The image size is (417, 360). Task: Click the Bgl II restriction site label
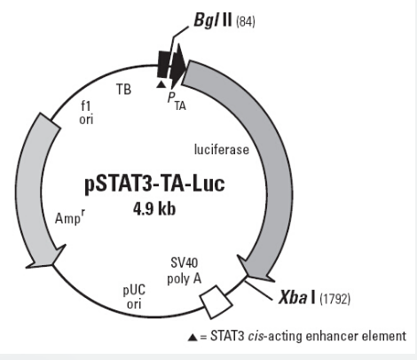coord(213,20)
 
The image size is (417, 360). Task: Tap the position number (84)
coord(246,22)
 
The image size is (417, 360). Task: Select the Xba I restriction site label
coord(297,297)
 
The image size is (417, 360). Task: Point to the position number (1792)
coord(335,299)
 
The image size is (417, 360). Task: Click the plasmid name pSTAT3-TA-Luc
coord(154,184)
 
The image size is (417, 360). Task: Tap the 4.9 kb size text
coord(154,209)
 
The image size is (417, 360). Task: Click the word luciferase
coord(222,149)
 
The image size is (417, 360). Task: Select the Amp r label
coord(70,217)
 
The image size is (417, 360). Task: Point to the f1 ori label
coord(86,113)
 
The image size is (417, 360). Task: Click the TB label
coord(123,89)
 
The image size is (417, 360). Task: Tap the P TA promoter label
coord(177,101)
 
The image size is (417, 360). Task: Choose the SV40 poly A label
coord(185,270)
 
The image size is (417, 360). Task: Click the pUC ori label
coord(134,296)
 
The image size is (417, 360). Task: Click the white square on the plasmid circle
coord(216,301)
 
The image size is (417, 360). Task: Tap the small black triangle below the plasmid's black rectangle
coord(161,84)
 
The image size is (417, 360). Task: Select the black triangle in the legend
coord(193,337)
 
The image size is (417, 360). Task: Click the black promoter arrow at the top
coord(177,65)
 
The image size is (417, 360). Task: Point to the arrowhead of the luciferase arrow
coord(255,269)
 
